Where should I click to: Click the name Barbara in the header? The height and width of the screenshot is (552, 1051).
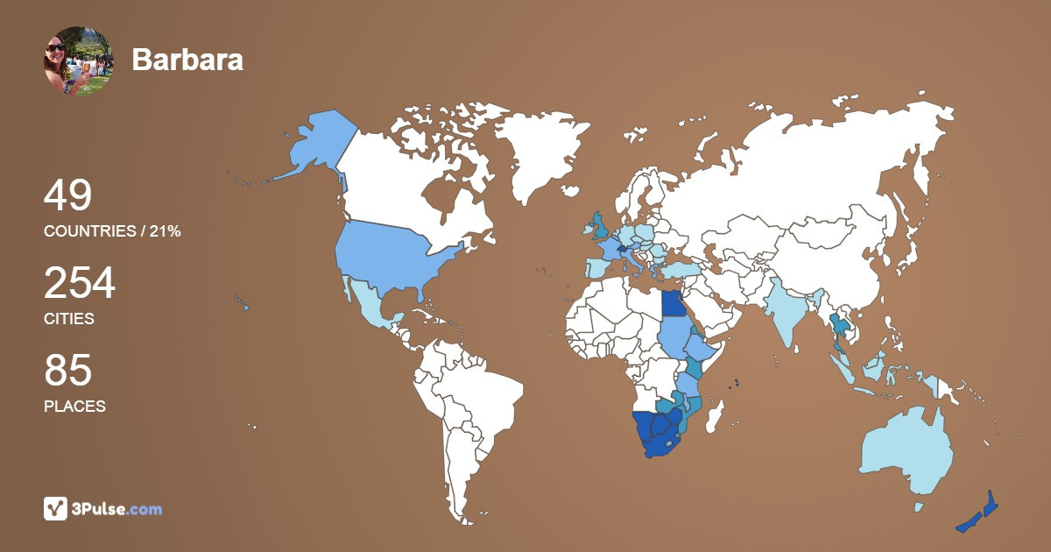point(187,60)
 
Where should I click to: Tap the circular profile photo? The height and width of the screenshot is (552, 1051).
point(78,60)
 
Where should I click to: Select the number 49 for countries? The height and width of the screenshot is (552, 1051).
point(67,195)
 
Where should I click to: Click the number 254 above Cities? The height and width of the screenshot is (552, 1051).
point(80,284)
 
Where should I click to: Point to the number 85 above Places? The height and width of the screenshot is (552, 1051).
point(67,372)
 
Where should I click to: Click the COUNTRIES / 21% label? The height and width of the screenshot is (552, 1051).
point(112,231)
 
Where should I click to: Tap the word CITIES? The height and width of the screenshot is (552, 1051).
point(69,319)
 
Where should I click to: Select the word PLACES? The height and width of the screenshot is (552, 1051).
point(74,407)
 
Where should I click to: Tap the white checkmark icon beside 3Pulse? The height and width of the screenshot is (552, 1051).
point(55,508)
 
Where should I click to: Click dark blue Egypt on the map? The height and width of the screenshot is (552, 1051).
point(674,303)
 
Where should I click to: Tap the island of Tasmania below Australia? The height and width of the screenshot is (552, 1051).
point(918,506)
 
